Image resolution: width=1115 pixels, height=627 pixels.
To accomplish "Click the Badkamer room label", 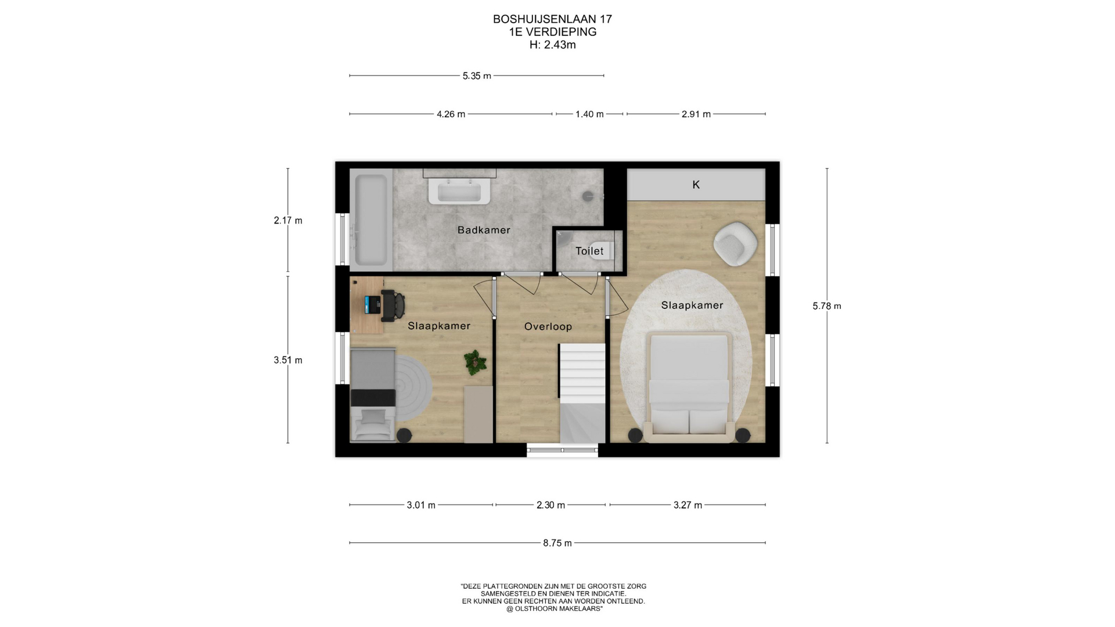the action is tap(484, 230).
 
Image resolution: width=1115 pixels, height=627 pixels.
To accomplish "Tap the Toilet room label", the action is tap(589, 251).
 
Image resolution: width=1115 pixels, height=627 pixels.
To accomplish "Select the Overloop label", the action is tap(548, 326).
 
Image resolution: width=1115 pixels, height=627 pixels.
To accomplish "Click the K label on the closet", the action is tap(696, 185).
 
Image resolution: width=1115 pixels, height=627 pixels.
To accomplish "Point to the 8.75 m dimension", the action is tap(557, 543).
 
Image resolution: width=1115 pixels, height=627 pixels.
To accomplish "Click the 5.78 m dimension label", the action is tap(827, 306).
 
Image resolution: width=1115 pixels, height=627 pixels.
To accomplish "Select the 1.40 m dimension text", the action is tap(589, 114).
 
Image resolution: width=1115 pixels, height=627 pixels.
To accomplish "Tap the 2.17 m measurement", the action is tap(288, 221).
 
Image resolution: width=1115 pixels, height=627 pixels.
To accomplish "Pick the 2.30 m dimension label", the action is tap(551, 505).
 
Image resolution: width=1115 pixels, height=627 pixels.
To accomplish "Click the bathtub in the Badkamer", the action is tap(371, 220).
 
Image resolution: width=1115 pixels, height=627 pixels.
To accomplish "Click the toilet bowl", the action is tap(603, 251).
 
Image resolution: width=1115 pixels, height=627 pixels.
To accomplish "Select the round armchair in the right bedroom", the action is tap(735, 244).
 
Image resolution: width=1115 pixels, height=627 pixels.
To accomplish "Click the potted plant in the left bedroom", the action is tap(476, 362).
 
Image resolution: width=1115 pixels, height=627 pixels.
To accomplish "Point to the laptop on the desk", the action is tap(372, 304).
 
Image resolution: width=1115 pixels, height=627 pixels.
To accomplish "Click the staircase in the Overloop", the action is tap(582, 393).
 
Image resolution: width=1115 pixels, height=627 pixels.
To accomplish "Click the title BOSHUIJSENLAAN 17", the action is tap(552, 19).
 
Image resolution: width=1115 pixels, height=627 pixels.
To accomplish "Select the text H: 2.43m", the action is tap(552, 45).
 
